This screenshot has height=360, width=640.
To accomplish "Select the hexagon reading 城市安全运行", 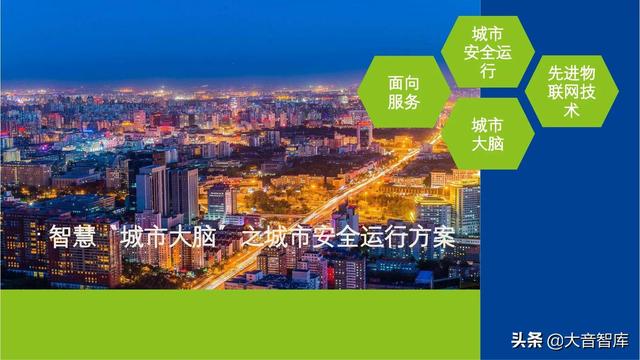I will click(x=488, y=52).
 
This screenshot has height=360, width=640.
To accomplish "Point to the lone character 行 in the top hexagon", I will click(x=488, y=72).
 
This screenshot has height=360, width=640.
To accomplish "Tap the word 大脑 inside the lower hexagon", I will click(x=488, y=143).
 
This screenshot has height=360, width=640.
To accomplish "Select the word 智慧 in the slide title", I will click(x=70, y=238).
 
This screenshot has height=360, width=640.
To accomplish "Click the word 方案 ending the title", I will click(x=435, y=238).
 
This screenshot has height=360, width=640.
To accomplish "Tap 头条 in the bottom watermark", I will click(x=526, y=336).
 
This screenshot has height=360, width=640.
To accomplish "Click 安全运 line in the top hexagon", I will click(x=488, y=52).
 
